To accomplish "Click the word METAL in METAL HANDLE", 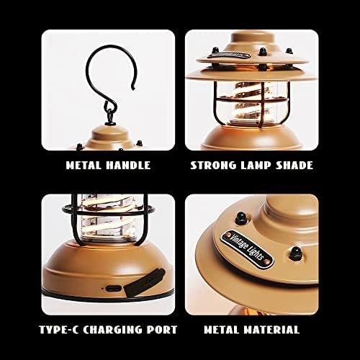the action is click(83, 166).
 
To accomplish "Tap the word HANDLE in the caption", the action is click(128, 166).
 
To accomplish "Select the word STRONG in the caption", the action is click(213, 166).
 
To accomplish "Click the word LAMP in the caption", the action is click(256, 166).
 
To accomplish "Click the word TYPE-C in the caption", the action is click(58, 330).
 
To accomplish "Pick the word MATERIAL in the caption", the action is click(271, 330).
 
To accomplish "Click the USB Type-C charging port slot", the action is click(114, 288).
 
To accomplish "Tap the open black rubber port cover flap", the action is click(145, 283).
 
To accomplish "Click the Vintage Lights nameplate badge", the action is click(247, 249).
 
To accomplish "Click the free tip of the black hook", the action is click(132, 89).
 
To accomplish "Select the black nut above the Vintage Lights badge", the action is click(241, 217).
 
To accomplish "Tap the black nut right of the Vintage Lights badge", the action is click(295, 253).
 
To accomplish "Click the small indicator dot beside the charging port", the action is click(103, 288).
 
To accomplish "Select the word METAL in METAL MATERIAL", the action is click(221, 330).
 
